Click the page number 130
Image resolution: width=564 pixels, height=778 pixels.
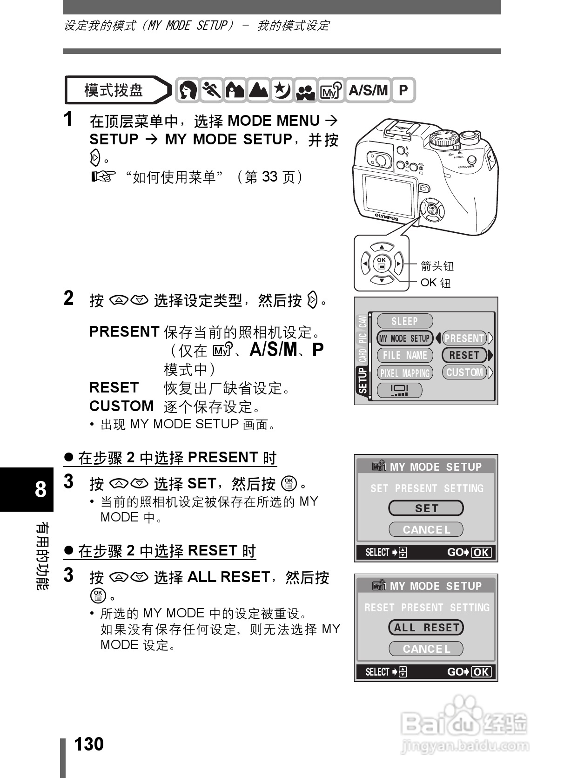[x=89, y=744]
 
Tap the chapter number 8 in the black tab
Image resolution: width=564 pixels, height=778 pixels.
[x=41, y=489]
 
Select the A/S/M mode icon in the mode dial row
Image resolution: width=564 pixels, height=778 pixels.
[x=368, y=90]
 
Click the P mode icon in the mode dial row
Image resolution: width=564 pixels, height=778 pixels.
[x=403, y=90]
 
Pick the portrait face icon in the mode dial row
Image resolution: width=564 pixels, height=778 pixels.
[x=188, y=90]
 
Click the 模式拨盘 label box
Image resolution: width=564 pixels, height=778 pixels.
[x=114, y=90]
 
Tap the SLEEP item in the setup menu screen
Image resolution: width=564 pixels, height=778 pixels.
[x=404, y=321]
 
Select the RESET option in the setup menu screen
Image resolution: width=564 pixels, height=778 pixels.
[x=464, y=355]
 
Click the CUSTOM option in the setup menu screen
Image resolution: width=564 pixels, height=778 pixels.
[x=464, y=372]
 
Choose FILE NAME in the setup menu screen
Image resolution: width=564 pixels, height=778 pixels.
[x=404, y=355]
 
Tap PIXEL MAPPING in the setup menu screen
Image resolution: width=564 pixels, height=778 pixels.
[x=404, y=373]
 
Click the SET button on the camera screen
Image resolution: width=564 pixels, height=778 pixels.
[x=426, y=508]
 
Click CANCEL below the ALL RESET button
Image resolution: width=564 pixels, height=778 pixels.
[x=426, y=649]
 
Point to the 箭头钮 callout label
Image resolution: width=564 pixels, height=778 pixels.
[x=437, y=266]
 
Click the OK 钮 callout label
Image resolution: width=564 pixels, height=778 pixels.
[x=436, y=283]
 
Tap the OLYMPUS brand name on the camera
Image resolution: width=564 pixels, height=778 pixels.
[x=387, y=217]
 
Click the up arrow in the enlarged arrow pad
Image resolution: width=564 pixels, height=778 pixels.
[x=382, y=247]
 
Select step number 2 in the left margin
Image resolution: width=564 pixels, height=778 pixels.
[x=68, y=298]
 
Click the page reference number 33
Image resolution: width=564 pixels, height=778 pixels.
[x=269, y=176]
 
